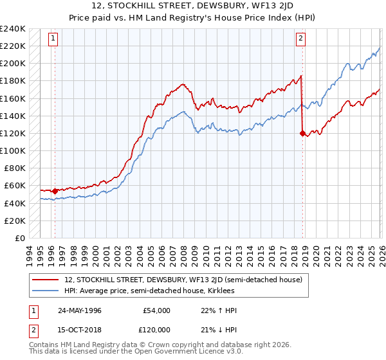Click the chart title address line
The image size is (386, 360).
point(192,7)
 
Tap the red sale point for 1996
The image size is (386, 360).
point(55,191)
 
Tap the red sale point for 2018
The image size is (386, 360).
point(302,133)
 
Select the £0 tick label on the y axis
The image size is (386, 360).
point(19,238)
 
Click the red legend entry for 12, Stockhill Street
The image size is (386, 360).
point(187,280)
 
